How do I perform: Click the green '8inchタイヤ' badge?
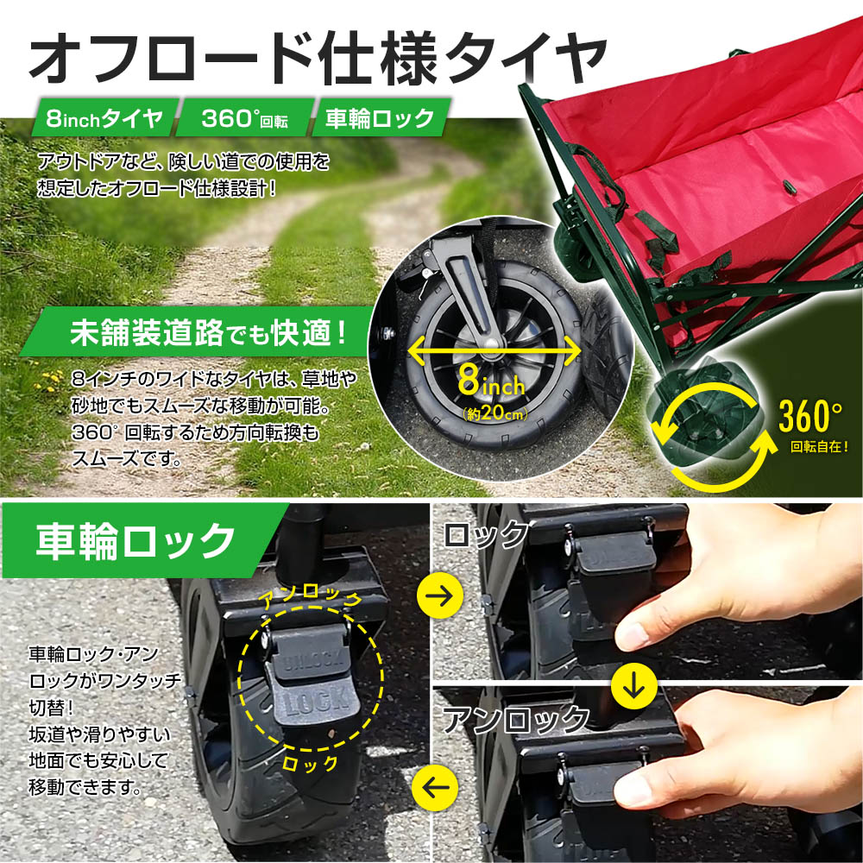pyautogui.click(x=105, y=117)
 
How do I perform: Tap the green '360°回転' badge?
pyautogui.click(x=245, y=117)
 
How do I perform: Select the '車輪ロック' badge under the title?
pyautogui.click(x=381, y=117)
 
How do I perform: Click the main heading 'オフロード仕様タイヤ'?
pyautogui.click(x=318, y=57)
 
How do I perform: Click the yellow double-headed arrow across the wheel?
pyautogui.click(x=494, y=350)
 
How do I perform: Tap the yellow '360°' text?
pyautogui.click(x=810, y=416)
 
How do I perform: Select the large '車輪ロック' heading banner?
pyautogui.click(x=137, y=540)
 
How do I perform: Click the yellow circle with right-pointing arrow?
pyautogui.click(x=440, y=595)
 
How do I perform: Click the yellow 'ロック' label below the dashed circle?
pyautogui.click(x=310, y=764)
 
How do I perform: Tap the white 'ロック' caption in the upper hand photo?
pyautogui.click(x=485, y=534)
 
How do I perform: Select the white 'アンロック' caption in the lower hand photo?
pyautogui.click(x=516, y=719)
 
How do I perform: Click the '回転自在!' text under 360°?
pyautogui.click(x=819, y=446)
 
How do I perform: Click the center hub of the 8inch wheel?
pyautogui.click(x=492, y=343)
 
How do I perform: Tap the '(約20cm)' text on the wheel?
pyautogui.click(x=495, y=413)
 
